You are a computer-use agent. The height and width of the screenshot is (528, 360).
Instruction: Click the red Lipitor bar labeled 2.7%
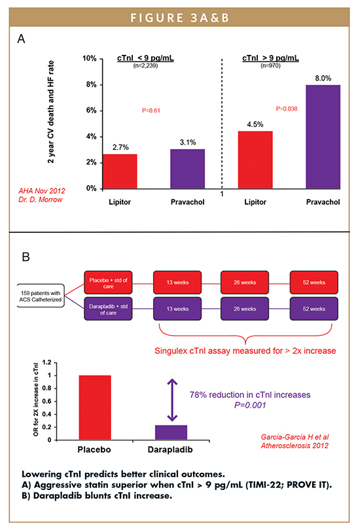click(x=120, y=171)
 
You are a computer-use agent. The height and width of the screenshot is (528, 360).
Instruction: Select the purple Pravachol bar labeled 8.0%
click(x=323, y=137)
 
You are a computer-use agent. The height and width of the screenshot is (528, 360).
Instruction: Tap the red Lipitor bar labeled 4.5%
click(x=255, y=160)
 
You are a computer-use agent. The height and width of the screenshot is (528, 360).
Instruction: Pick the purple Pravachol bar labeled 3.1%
click(x=188, y=169)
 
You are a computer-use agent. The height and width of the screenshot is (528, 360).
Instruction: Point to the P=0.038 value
click(x=287, y=109)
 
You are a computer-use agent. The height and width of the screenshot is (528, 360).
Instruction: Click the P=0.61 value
click(x=151, y=111)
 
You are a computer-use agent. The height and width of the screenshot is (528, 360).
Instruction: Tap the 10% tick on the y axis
click(x=90, y=59)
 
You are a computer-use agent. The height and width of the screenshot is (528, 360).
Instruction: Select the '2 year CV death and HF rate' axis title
click(x=50, y=112)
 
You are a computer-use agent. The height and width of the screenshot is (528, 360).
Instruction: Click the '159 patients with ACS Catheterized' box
click(x=41, y=296)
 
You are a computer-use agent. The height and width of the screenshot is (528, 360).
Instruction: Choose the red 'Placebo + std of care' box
click(x=108, y=283)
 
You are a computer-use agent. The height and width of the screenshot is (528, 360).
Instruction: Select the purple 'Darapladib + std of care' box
click(x=108, y=309)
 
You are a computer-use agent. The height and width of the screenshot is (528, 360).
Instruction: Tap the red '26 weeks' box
click(x=245, y=283)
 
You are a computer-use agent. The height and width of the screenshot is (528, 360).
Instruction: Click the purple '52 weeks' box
click(x=314, y=309)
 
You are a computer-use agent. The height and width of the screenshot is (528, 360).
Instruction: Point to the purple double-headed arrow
click(x=172, y=400)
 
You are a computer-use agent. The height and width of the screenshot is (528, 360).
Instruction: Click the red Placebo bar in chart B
click(x=95, y=408)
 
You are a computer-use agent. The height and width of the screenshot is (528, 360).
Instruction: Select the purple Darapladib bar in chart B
click(x=171, y=432)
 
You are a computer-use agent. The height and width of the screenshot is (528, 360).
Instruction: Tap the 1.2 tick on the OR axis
click(x=47, y=362)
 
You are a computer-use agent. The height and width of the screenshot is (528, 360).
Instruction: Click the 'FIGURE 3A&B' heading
click(x=180, y=18)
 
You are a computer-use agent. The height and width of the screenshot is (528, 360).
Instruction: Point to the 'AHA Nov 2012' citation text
click(x=42, y=191)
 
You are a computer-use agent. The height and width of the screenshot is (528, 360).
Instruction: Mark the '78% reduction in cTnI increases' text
click(x=250, y=395)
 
